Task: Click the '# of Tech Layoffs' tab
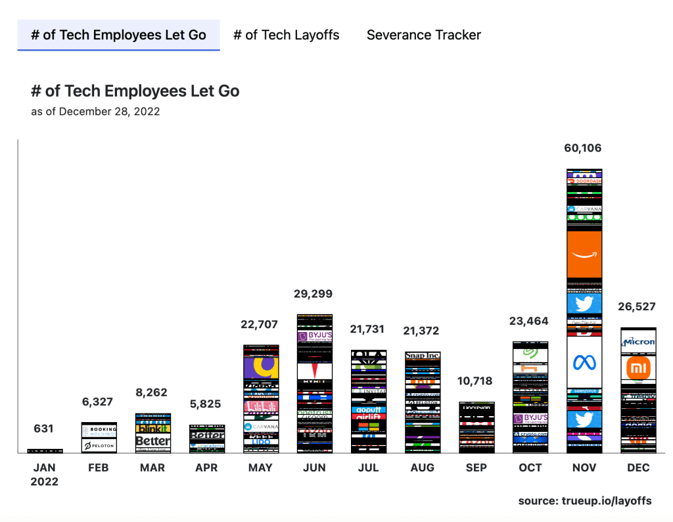click(286, 35)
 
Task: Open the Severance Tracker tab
click(423, 35)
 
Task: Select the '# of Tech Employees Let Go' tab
click(118, 35)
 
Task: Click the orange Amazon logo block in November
click(584, 254)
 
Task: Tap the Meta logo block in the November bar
click(584, 362)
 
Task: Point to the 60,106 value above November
click(582, 148)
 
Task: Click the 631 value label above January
click(43, 429)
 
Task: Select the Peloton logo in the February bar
click(99, 446)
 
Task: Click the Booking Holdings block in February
click(99, 431)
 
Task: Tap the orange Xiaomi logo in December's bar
click(638, 369)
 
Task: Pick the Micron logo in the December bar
click(638, 342)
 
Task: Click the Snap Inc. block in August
click(422, 356)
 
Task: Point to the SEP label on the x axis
click(476, 468)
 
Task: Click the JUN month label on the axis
click(314, 468)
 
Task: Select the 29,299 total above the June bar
click(314, 294)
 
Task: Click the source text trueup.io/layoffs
click(585, 501)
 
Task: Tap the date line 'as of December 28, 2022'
click(95, 112)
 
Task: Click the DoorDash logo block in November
click(584, 180)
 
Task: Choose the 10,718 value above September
click(476, 381)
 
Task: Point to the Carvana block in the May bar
click(261, 427)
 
